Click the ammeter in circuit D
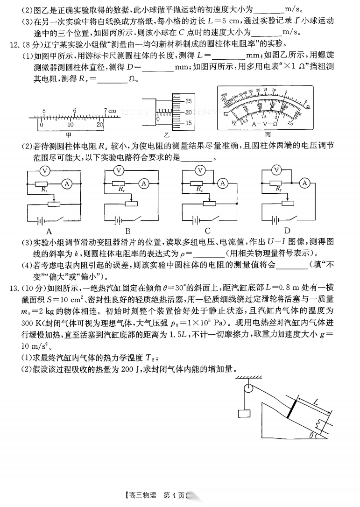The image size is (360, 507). pyautogui.click(x=305, y=183)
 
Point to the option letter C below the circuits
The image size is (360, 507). pyautogui.click(x=207, y=231)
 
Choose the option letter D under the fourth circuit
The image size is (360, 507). pyautogui.click(x=287, y=231)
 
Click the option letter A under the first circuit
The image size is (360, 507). pyautogui.click(x=49, y=231)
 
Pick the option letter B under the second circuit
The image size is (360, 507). pyautogui.click(x=127, y=231)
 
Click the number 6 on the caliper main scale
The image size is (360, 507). pyautogui.click(x=74, y=111)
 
